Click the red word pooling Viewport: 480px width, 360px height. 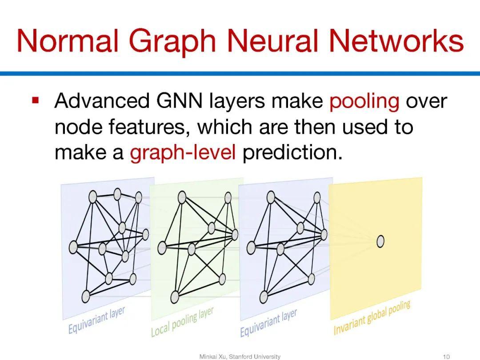[x=364, y=102]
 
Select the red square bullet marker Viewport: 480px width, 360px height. [x=36, y=100]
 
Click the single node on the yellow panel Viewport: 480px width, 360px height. [x=380, y=241]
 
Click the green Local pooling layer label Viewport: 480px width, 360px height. [x=182, y=322]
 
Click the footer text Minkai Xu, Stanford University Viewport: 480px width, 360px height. [x=240, y=356]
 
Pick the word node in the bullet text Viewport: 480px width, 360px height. [x=72, y=128]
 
